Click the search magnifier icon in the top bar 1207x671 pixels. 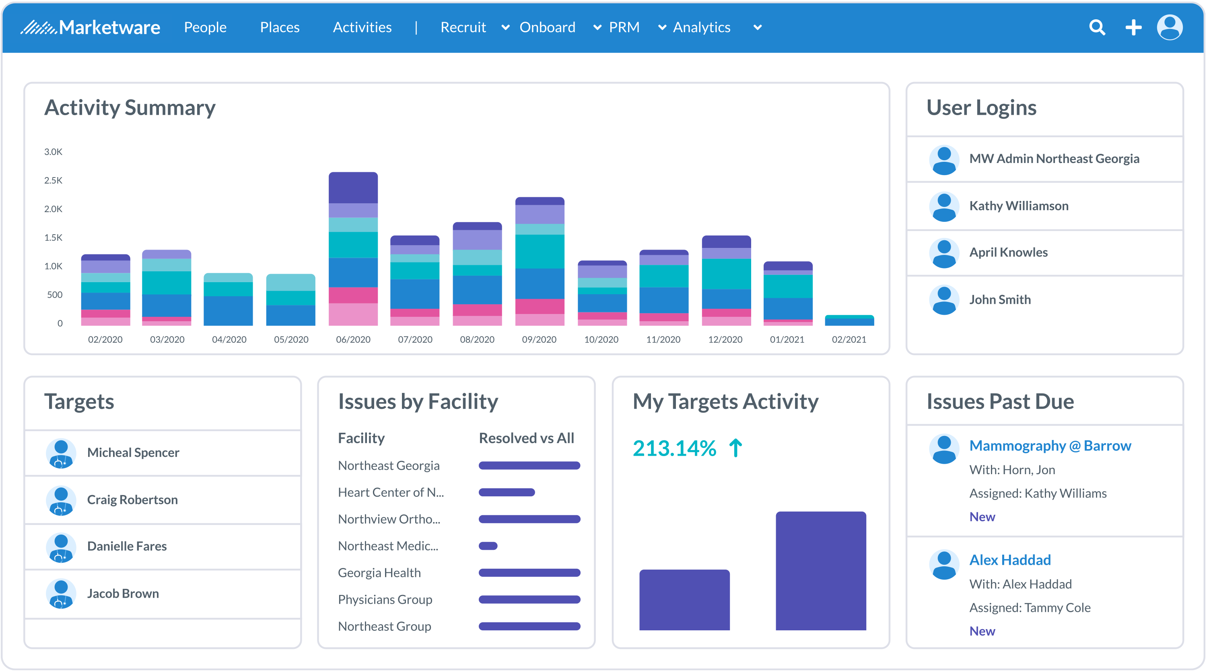coord(1097,28)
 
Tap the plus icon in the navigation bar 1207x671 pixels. coord(1133,28)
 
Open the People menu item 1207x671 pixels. coord(205,28)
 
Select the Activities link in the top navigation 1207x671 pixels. coord(362,28)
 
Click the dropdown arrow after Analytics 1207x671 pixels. coord(757,28)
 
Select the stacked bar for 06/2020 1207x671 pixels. coord(353,248)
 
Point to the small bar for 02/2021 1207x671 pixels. coord(849,321)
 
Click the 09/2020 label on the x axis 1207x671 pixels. coord(539,339)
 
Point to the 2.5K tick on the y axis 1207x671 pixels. coord(53,180)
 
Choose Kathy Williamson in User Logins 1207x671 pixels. coord(1019,206)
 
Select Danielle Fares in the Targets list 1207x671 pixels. coord(127,546)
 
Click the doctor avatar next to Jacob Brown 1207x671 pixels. coord(61,594)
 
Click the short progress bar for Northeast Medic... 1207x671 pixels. coord(488,546)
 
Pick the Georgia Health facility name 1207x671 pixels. coord(379,573)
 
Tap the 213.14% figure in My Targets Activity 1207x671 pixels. coord(674,448)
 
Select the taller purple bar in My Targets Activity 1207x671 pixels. coord(820,571)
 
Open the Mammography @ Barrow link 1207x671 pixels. coord(1050,446)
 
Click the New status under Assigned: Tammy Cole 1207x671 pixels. coord(982,631)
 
